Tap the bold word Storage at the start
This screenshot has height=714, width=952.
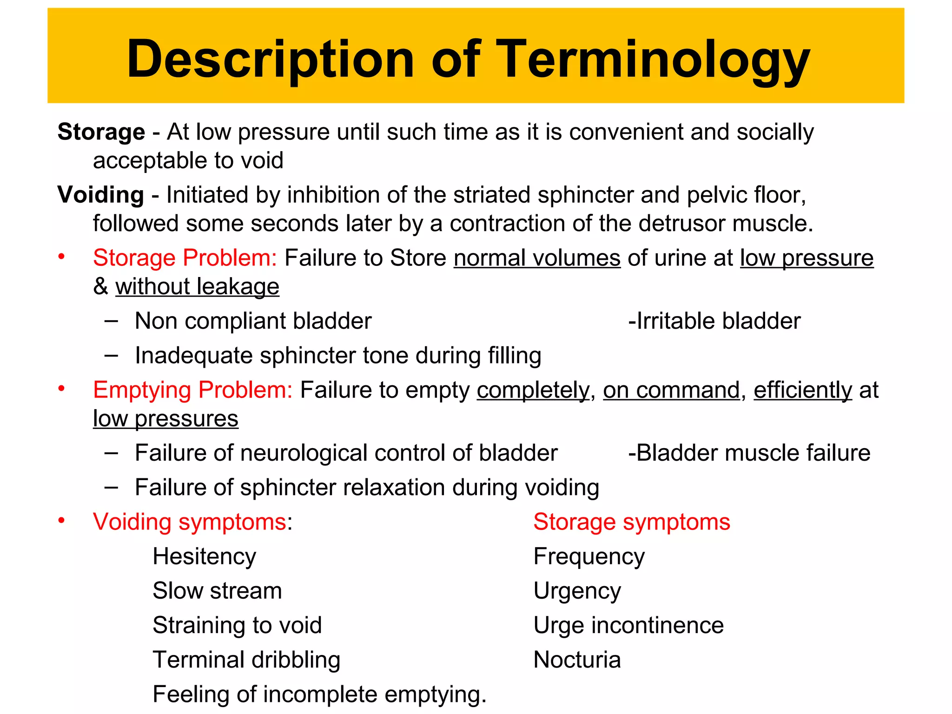(x=101, y=132)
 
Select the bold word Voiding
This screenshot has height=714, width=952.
(x=100, y=195)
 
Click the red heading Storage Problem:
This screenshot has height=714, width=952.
(x=185, y=258)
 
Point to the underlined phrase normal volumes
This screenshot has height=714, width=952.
(x=537, y=258)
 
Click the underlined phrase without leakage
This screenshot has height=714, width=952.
(x=197, y=286)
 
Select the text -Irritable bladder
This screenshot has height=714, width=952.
(x=714, y=321)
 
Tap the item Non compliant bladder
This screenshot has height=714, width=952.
(x=253, y=321)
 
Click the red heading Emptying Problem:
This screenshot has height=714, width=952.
(x=192, y=390)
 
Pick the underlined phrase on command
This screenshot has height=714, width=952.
(x=671, y=390)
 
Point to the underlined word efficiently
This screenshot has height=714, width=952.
(x=802, y=390)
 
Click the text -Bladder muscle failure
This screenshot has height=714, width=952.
(x=749, y=453)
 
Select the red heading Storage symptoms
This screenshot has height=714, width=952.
(x=631, y=522)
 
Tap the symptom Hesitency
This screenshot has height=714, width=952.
(x=204, y=556)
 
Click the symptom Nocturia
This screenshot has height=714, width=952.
(x=576, y=660)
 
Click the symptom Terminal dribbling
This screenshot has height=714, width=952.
(x=246, y=660)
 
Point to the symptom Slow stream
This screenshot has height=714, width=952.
(x=217, y=591)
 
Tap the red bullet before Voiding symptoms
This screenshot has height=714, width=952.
(x=61, y=521)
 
